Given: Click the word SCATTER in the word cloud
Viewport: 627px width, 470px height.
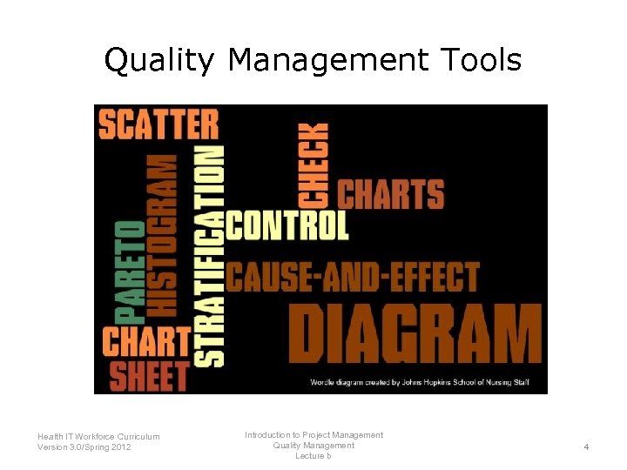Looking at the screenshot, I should pyautogui.click(x=158, y=124).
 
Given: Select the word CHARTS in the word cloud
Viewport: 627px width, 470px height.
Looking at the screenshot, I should pyautogui.click(x=390, y=194).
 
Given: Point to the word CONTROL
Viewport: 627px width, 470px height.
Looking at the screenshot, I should pyautogui.click(x=287, y=226).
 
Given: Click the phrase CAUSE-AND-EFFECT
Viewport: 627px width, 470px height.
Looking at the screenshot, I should pyautogui.click(x=353, y=277).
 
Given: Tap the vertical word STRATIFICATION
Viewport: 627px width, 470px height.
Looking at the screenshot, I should pyautogui.click(x=209, y=256).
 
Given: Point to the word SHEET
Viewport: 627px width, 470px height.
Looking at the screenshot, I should pyautogui.click(x=149, y=376).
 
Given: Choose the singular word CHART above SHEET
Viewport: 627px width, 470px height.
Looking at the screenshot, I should pyautogui.click(x=146, y=341).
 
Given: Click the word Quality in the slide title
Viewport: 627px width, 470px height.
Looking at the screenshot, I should pyautogui.click(x=158, y=61).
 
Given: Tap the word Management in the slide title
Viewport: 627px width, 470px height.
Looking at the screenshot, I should pyautogui.click(x=328, y=61).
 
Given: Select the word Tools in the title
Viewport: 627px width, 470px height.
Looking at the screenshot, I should pyautogui.click(x=480, y=61).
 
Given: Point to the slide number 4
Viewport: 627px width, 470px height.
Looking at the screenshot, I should pyautogui.click(x=586, y=446).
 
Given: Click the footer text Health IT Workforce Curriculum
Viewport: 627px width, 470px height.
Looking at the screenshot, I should pyautogui.click(x=98, y=436).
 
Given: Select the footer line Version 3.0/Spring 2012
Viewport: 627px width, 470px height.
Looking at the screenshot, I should pyautogui.click(x=85, y=447).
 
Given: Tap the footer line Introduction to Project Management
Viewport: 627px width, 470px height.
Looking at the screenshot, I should pyautogui.click(x=313, y=434).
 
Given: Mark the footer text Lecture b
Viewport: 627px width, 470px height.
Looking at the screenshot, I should pyautogui.click(x=313, y=456).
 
